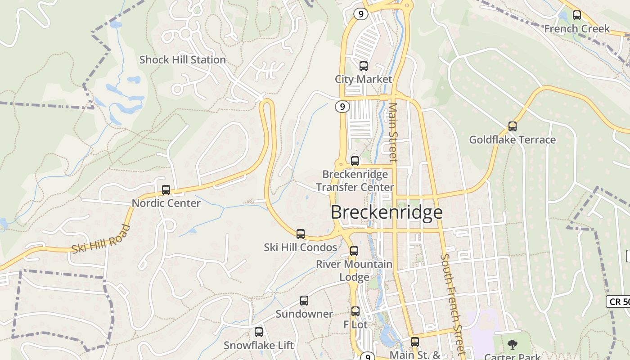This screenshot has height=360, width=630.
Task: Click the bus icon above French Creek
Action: pos(576,15)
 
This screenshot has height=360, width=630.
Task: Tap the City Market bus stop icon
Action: pos(363,66)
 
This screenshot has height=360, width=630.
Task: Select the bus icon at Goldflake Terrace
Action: pos(512,126)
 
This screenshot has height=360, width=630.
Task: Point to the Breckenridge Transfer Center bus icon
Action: pos(355,161)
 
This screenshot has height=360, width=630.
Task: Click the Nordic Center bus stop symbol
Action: pos(166,190)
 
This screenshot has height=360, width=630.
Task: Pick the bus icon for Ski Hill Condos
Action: pos(301,234)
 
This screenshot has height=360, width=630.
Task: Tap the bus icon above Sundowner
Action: pos(304,301)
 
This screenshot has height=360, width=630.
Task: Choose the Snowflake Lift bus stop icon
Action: pos(259,332)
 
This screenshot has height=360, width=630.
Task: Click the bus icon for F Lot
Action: pos(355,311)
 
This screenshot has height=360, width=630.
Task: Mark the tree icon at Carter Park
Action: pos(512,345)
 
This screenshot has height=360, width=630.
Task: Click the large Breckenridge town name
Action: pos(387,212)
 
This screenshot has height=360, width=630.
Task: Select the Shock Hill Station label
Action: pos(182,60)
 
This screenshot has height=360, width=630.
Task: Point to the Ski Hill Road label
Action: pos(101,239)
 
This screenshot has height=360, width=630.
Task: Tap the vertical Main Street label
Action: pos(393,132)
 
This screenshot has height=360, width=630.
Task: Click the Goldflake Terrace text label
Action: pos(512,140)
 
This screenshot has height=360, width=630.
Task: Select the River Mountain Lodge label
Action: pos(354,270)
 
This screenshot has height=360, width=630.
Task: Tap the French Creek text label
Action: pos(577,29)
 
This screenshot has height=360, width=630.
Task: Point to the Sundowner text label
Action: pos(304,314)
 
